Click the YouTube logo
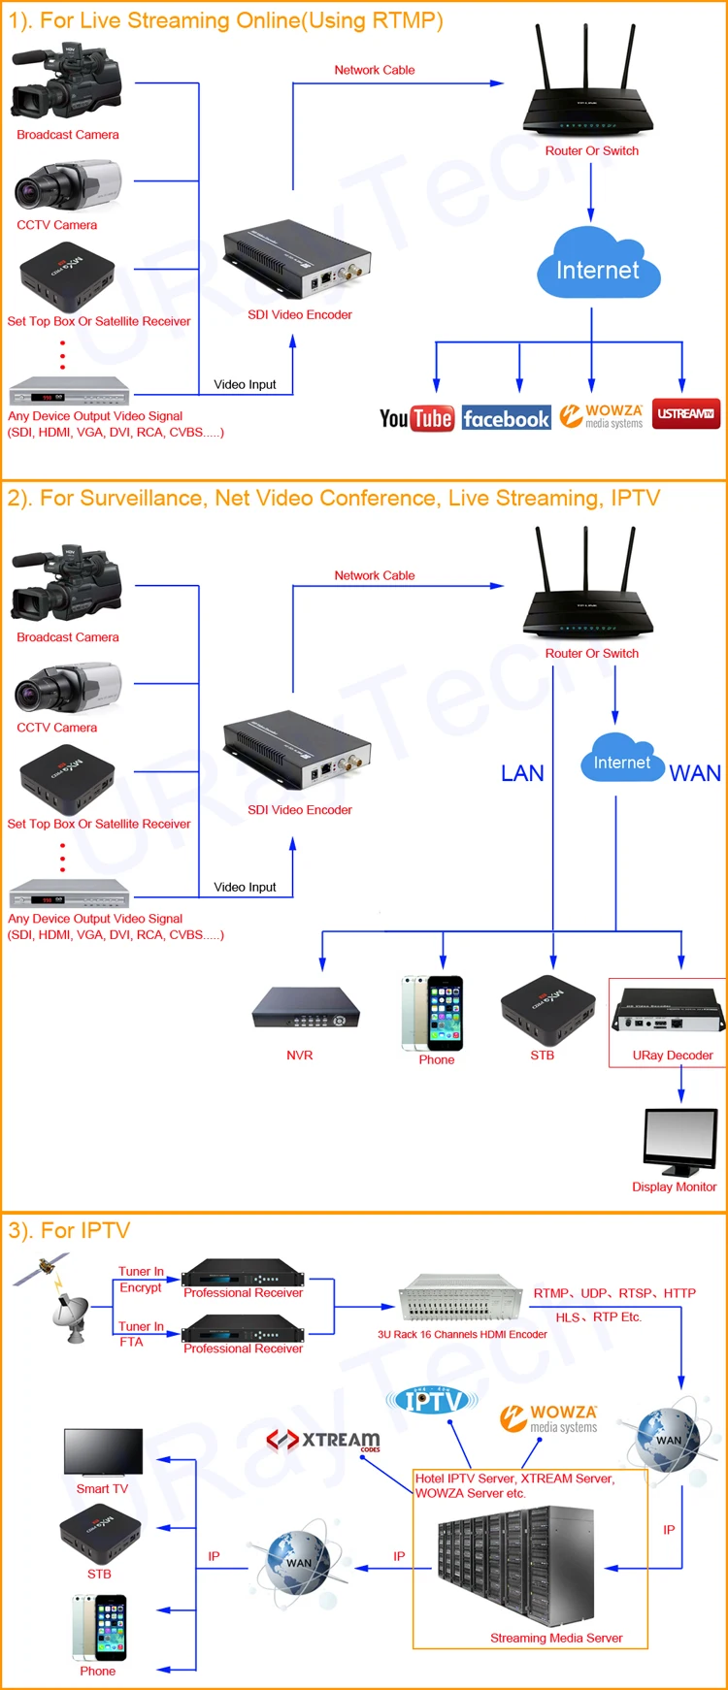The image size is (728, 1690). click(416, 418)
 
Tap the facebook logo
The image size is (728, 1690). click(507, 418)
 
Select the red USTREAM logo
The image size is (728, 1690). click(686, 413)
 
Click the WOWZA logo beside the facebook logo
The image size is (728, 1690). click(602, 416)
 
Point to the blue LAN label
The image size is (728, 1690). click(522, 773)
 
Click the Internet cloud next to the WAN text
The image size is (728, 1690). click(622, 760)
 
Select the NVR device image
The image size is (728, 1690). click(306, 1008)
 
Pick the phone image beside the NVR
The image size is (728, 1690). click(433, 1013)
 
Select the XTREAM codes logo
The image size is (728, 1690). click(323, 1440)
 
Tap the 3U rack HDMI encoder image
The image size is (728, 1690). click(462, 1298)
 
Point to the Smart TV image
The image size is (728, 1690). click(103, 1452)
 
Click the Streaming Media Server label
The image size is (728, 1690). click(556, 1638)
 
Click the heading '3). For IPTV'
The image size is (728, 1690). click(69, 1230)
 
